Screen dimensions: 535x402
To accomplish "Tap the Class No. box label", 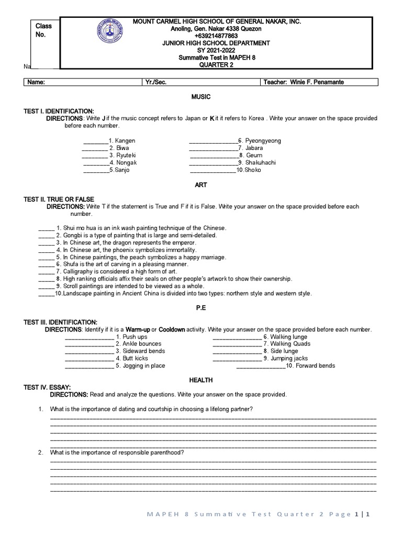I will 43,30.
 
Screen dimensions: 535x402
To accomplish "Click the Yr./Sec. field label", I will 156,83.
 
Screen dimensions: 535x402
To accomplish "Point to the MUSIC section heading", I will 201,97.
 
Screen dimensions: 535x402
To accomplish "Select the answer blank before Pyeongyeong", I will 213,141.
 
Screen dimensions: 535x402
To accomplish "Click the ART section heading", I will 201,185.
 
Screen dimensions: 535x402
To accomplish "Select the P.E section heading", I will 201,308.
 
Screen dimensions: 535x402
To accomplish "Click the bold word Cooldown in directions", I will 172,330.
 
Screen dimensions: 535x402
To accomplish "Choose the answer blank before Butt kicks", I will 88,358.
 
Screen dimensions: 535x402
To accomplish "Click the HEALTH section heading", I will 201,380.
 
